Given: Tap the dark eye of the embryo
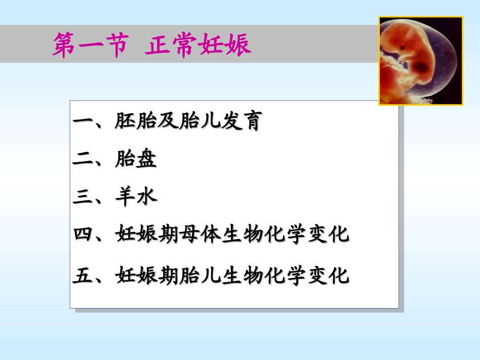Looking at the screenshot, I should pos(405,49).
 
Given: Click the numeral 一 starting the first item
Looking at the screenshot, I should pos(81,123).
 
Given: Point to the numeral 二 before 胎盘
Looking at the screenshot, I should pos(81,161).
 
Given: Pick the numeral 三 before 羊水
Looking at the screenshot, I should pos(81,197).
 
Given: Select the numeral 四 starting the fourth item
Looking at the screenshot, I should pos(81,235).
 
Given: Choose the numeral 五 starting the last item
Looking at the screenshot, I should pos(81,276).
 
